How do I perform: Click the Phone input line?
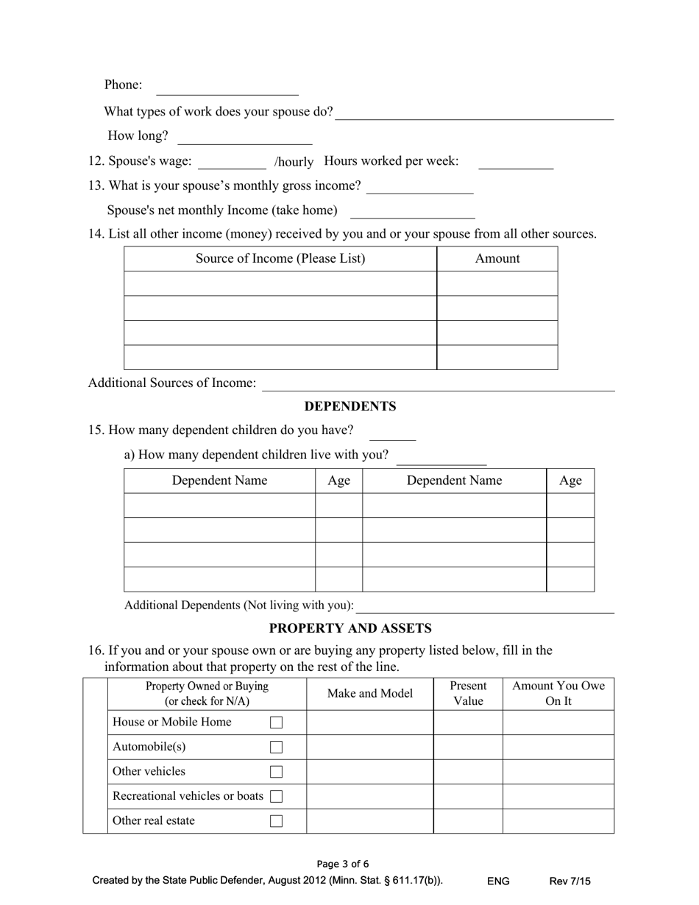tap(227, 88)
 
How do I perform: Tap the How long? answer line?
tap(245, 138)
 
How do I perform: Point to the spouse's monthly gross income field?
tap(419, 187)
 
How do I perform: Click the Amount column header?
tap(497, 258)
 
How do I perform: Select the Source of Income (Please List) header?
tap(280, 258)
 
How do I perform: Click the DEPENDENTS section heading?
tap(350, 406)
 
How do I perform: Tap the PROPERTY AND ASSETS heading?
tap(350, 628)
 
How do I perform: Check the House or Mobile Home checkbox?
tap(276, 723)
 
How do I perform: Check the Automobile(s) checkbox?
tap(276, 748)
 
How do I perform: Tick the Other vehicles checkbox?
tap(276, 772)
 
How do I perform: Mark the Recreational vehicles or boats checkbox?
tap(276, 797)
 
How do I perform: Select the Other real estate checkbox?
tap(276, 821)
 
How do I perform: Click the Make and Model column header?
tap(370, 694)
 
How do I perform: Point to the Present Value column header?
tap(468, 694)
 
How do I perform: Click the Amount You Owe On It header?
tap(558, 694)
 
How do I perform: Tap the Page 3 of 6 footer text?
tap(343, 864)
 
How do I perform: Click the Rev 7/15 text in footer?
tap(570, 881)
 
